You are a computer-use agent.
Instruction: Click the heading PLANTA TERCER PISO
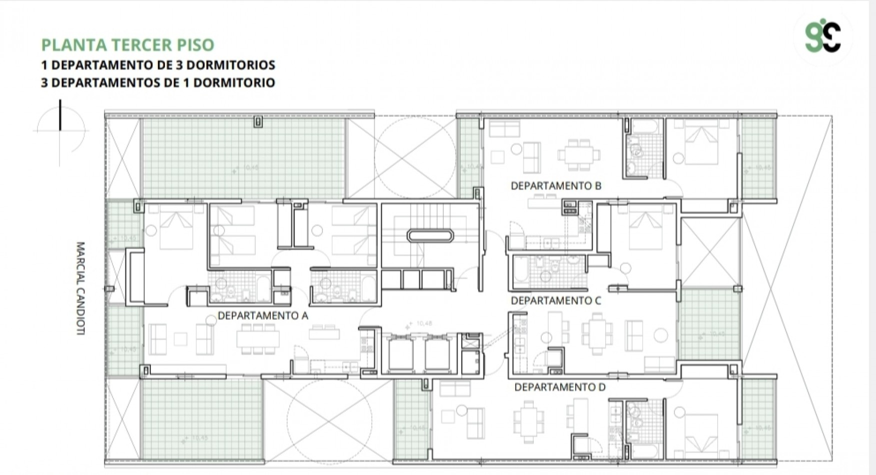click(127, 45)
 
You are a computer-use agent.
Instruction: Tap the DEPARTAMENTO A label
click(263, 316)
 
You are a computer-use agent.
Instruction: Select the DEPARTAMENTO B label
click(556, 186)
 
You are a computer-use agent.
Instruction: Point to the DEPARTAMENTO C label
click(556, 301)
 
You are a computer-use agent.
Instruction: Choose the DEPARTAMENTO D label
click(560, 387)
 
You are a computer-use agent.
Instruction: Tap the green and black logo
click(823, 37)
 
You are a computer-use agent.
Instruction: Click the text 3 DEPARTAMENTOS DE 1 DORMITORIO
click(158, 82)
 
